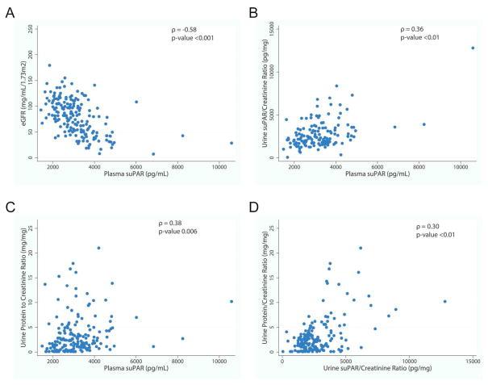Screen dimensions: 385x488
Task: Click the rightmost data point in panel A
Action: (231, 143)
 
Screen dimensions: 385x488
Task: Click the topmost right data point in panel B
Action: (473, 48)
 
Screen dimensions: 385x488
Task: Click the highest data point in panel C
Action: (98, 249)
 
